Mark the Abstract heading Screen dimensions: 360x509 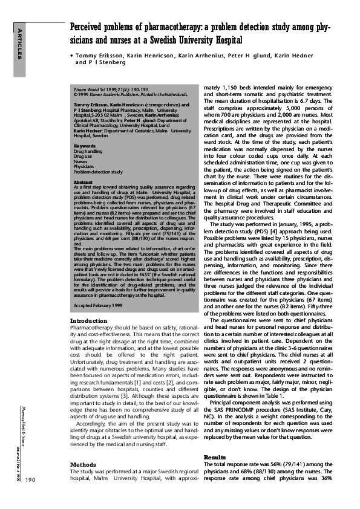83,181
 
